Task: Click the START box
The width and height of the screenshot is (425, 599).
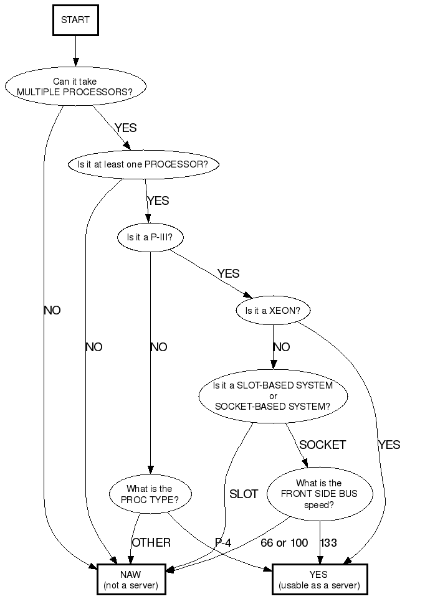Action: click(x=75, y=20)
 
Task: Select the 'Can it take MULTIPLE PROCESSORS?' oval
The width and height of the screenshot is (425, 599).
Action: click(x=75, y=86)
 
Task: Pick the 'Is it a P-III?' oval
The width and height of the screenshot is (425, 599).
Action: click(x=150, y=237)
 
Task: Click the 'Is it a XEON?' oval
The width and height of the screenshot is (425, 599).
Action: click(x=273, y=310)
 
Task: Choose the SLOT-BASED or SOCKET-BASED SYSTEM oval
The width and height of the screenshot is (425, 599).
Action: click(x=273, y=396)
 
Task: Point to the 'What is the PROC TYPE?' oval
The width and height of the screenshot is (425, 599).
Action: click(x=150, y=494)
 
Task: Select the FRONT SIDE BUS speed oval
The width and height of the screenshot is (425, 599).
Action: click(x=319, y=494)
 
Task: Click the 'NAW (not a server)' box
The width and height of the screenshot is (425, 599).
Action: click(x=131, y=580)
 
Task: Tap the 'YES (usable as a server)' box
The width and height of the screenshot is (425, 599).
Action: click(x=319, y=580)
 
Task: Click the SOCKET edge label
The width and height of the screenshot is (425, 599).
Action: click(x=322, y=445)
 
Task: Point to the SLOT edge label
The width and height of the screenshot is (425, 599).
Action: click(x=244, y=494)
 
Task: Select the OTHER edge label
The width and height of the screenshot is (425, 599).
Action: click(x=151, y=543)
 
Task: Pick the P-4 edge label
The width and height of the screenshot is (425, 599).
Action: click(x=223, y=543)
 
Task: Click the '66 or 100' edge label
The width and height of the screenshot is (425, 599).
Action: click(x=284, y=543)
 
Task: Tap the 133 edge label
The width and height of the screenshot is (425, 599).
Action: click(x=328, y=543)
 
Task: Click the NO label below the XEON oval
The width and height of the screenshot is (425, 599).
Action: click(x=282, y=347)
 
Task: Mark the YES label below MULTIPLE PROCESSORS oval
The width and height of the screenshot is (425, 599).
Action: click(x=125, y=128)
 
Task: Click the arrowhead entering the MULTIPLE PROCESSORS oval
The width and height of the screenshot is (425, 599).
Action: click(x=75, y=62)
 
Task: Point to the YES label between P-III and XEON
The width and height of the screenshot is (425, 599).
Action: click(x=228, y=273)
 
